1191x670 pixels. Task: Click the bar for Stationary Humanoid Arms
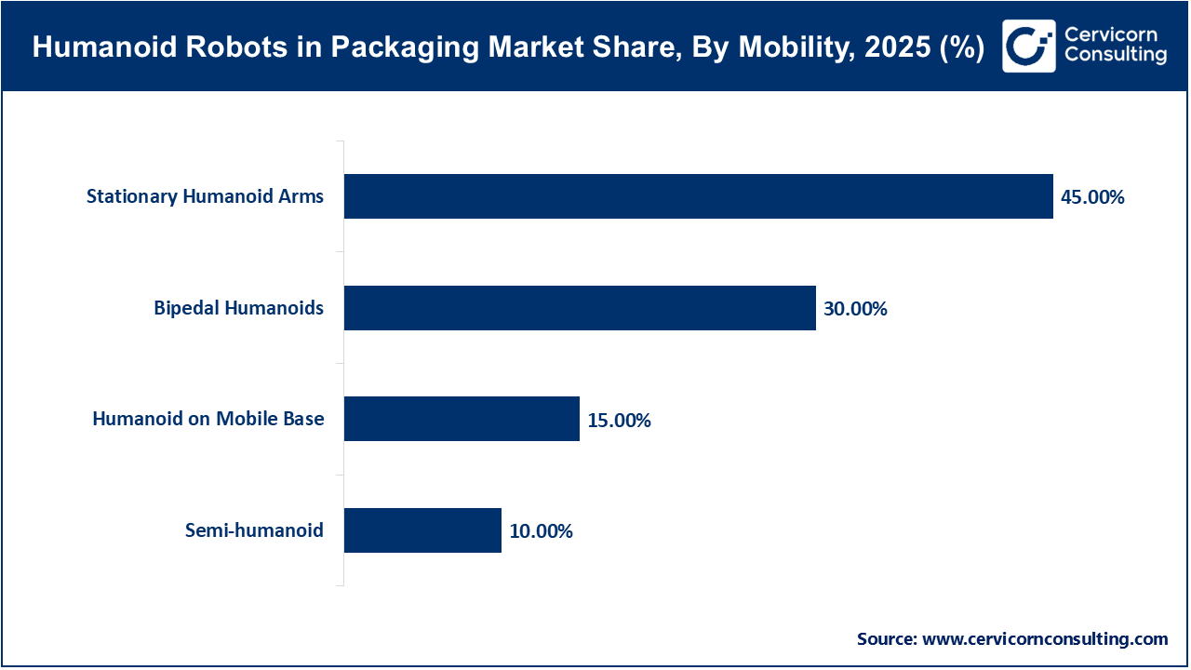tap(698, 196)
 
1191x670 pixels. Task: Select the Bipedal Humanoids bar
tap(580, 308)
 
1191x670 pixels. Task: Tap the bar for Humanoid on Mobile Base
tap(462, 419)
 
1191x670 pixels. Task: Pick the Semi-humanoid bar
tap(422, 530)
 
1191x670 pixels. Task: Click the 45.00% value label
tap(1092, 197)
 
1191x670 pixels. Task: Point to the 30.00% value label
tap(855, 309)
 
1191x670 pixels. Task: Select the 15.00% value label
tap(619, 421)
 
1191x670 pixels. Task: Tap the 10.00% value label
tap(541, 532)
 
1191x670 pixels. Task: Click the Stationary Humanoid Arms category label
tap(205, 196)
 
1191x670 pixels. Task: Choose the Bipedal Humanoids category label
tap(238, 308)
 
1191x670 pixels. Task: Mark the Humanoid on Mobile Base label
tap(208, 419)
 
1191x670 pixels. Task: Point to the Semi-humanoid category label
tap(253, 530)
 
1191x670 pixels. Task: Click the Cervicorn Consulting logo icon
tap(1028, 46)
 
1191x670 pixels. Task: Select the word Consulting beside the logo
tap(1115, 56)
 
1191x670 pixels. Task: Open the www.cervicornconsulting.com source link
tap(1045, 639)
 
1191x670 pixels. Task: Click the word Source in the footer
tap(886, 639)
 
